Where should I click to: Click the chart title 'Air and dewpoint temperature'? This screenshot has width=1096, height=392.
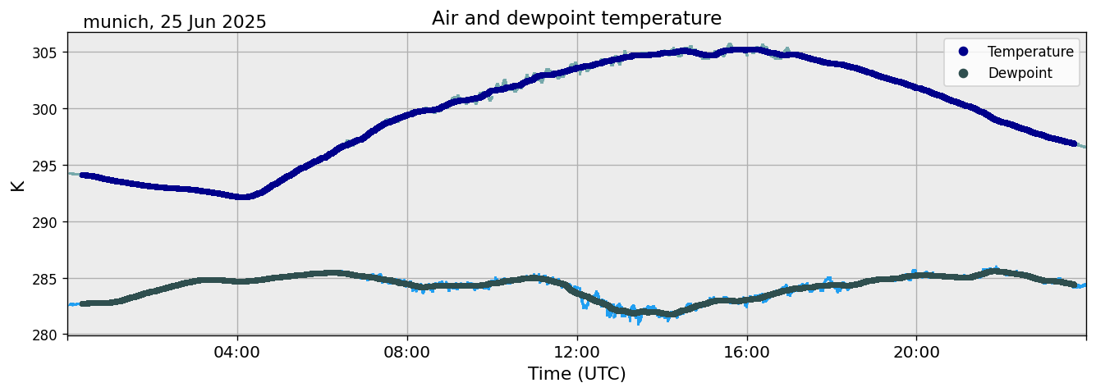[576, 18]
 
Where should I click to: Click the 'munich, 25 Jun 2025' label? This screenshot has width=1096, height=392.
[175, 22]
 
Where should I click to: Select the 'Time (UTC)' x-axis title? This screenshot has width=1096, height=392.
[576, 374]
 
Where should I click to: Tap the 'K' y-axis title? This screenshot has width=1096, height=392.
[17, 185]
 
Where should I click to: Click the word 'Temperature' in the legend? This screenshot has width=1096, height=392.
[1030, 52]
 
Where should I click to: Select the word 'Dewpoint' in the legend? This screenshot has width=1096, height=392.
[1020, 73]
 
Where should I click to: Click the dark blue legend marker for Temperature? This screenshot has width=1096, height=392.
[963, 52]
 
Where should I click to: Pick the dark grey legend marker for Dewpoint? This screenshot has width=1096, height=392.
[963, 73]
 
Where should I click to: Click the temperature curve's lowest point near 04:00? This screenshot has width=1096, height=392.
[243, 197]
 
